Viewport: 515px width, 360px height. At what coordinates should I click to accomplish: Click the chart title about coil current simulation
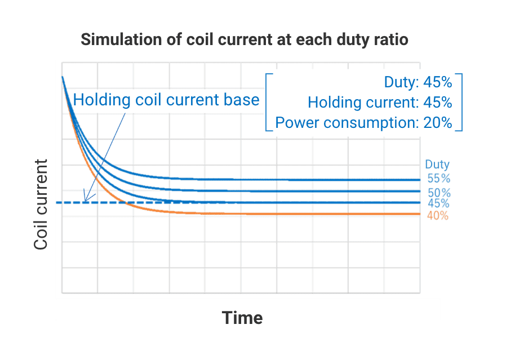pyautogui.click(x=244, y=40)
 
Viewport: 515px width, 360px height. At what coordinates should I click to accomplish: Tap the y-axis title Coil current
pyautogui.click(x=41, y=204)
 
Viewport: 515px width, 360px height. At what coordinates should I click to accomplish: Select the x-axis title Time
pyautogui.click(x=242, y=318)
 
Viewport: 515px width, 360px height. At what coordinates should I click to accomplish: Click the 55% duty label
pyautogui.click(x=439, y=179)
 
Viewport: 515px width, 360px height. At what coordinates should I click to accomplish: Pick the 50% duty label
pyautogui.click(x=439, y=192)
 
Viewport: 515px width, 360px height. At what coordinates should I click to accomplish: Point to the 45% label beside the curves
pyautogui.click(x=438, y=203)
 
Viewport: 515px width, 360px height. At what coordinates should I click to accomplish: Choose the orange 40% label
pyautogui.click(x=437, y=216)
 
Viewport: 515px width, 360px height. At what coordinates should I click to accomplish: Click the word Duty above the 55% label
pyautogui.click(x=437, y=165)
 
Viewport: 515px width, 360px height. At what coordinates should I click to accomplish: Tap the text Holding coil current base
pyautogui.click(x=166, y=100)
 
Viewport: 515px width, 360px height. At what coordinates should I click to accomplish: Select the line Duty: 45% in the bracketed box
pyautogui.click(x=418, y=82)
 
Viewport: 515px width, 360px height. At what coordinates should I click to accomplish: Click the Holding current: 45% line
pyautogui.click(x=380, y=103)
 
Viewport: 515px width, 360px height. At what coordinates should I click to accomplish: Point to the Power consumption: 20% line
pyautogui.click(x=363, y=123)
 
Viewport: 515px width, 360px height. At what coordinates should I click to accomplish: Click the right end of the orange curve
pyautogui.click(x=419, y=214)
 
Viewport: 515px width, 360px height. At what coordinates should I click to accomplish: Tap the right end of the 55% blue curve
pyautogui.click(x=419, y=180)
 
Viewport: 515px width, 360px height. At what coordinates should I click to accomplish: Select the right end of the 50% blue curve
pyautogui.click(x=419, y=192)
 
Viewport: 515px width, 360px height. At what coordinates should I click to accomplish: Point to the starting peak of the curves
pyautogui.click(x=62, y=77)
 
